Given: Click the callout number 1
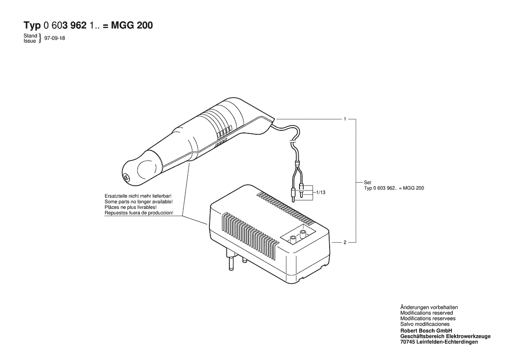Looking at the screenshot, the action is coord(345,119).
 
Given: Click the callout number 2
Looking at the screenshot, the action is coord(345,242).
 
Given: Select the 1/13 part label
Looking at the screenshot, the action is coord(321,192).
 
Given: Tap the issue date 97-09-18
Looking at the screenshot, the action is coord(54,38).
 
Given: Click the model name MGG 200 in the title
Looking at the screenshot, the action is coord(132,25).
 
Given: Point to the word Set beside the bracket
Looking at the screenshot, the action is coord(367,183).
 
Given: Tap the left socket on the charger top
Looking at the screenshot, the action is coord(293,239).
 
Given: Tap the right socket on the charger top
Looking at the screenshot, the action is coord(303,234).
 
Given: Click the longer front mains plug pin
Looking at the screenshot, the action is coord(231,259).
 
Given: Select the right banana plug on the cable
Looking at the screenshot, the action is coord(302,190).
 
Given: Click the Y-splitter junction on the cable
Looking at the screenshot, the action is coord(297,164).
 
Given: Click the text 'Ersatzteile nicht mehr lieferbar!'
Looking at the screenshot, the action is coord(138,196).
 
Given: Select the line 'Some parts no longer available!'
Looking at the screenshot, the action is coord(138,202).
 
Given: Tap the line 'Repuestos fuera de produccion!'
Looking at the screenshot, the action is coord(139,213).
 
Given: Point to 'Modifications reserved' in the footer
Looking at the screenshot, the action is coord(427,313).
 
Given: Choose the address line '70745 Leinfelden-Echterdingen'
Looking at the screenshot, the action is coord(439,342).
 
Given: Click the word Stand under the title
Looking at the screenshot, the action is coord(30,35).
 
